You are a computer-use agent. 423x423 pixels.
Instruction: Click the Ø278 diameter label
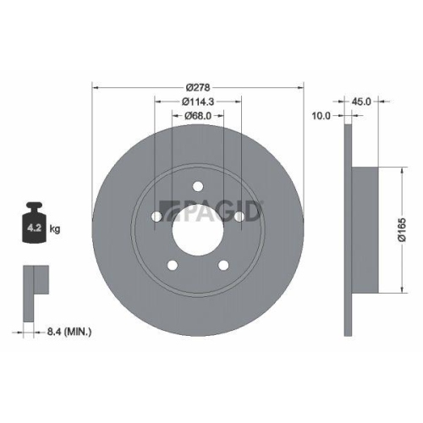198,85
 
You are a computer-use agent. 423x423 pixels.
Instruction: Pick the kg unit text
54,228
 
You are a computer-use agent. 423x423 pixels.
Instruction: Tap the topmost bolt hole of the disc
198,187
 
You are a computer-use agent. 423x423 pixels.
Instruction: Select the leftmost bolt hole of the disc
157,217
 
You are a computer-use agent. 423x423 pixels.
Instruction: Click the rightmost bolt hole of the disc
239,217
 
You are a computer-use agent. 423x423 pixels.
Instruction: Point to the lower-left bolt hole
173,265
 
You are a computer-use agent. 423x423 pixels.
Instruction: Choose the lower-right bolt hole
223,265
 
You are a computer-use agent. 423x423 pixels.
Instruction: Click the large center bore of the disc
198,228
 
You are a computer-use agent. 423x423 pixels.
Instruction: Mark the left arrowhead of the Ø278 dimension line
96,85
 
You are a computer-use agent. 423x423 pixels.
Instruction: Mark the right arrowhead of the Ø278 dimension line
300,85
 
